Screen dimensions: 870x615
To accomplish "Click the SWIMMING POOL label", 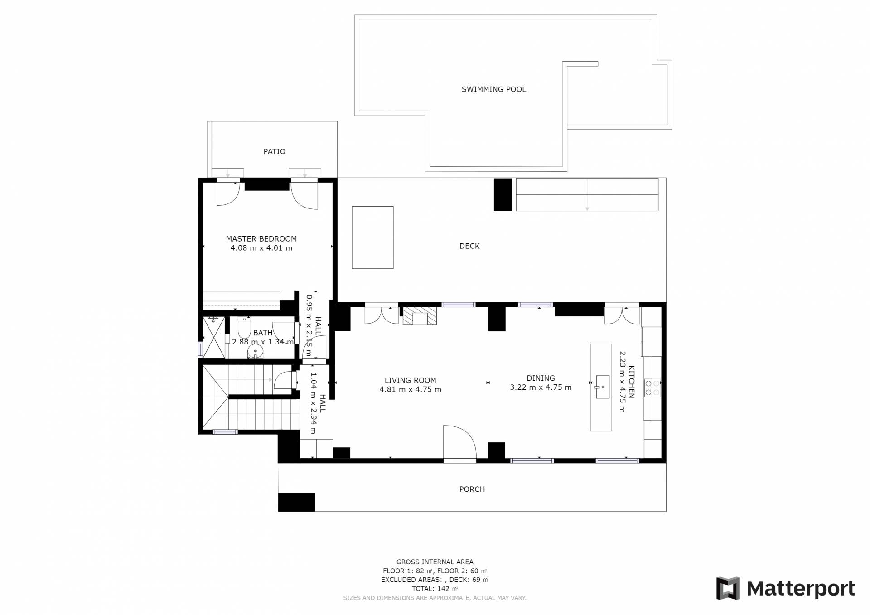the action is pos(494,89).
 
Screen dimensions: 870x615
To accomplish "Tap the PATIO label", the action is pos(275,151).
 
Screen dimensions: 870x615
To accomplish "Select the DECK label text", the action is pos(469,246).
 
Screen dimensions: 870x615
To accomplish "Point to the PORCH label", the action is pos(472,489).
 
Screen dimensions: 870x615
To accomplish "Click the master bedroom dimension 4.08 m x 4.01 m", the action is pos(261,248).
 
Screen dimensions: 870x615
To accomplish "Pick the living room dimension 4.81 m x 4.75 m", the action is pos(410,389).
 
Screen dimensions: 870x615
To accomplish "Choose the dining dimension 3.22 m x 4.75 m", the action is pos(541,387).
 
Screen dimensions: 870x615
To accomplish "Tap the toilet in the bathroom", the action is pos(244,325).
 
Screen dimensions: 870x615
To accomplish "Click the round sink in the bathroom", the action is pos(256,351).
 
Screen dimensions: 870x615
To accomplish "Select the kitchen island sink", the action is pos(602,387).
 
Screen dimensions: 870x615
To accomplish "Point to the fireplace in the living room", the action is pos(420,316).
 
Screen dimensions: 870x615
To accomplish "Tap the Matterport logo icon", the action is pos(728,588).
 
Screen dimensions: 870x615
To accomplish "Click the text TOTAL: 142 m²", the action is pos(435,589).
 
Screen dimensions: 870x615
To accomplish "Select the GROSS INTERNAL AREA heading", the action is pos(435,562).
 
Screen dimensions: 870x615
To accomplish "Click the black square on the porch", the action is pos(296,502).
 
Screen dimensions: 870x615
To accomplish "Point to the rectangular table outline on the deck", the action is pos(372,237).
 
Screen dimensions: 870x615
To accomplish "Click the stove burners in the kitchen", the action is pos(652,387).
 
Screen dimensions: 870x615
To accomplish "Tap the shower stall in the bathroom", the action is pos(213,338).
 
